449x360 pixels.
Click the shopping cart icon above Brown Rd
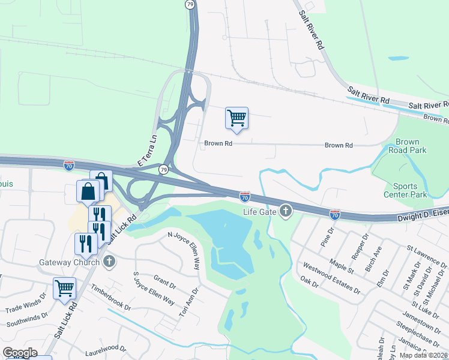coord(237,118)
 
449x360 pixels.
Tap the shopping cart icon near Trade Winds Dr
coord(64,287)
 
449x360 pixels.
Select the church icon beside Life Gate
coord(286,211)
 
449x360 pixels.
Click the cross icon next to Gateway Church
coord(109,262)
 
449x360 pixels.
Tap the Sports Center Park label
coord(405,190)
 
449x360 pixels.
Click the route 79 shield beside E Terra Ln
coord(163,170)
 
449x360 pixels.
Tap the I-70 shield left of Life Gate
coord(245,196)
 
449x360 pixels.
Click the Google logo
coord(19,353)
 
